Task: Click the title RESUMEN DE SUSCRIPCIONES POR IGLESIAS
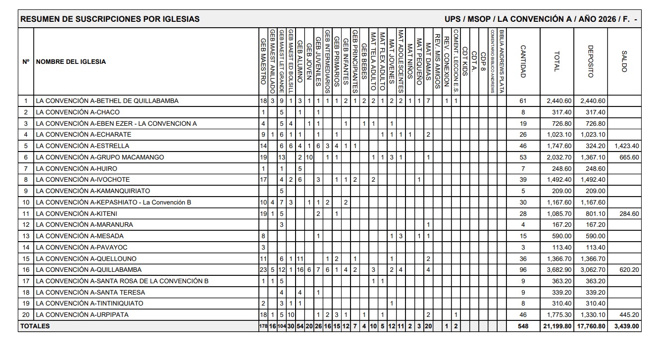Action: click(110, 19)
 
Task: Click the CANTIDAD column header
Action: click(523, 61)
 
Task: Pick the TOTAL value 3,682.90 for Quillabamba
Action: click(558, 270)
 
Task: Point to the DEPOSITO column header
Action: click(590, 61)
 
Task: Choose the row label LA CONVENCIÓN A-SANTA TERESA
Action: click(90, 292)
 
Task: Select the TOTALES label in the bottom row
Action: click(35, 326)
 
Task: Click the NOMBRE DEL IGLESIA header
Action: click(71, 62)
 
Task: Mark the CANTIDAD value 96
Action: click(523, 270)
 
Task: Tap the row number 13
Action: click(26, 236)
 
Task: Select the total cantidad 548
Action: click(523, 326)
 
